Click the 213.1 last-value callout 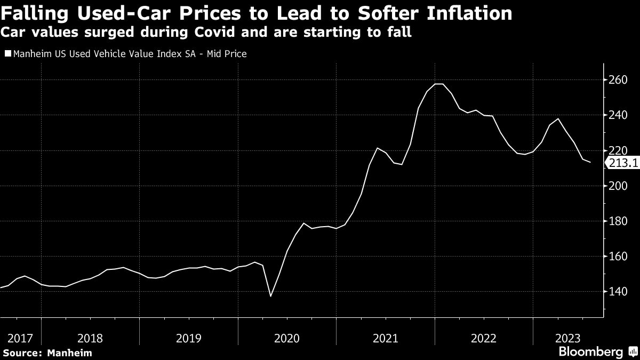coord(622,164)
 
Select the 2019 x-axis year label coord(188,338)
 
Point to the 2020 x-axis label coord(287,338)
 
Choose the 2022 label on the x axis coord(484,338)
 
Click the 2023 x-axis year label coord(567,338)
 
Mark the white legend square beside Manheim coord(7,53)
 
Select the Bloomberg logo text coord(590,352)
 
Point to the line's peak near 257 coord(439,84)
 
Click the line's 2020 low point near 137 coord(270,296)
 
